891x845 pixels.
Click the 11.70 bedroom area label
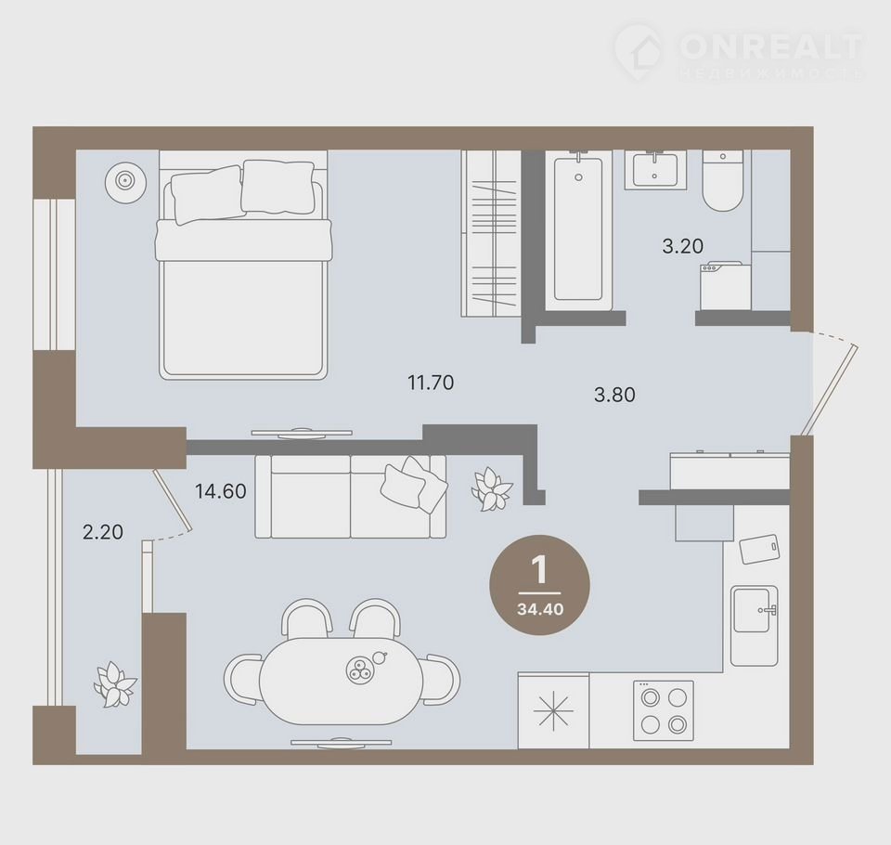(x=431, y=383)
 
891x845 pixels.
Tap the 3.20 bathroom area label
(x=682, y=246)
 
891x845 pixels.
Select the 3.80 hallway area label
(x=614, y=395)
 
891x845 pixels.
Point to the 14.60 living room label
(x=221, y=490)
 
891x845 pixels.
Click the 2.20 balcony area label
(x=103, y=532)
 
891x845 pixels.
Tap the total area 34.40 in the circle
(x=540, y=609)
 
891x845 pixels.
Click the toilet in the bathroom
(x=723, y=181)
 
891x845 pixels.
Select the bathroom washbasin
(x=656, y=169)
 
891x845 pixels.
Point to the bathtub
(x=578, y=229)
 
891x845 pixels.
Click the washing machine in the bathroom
(x=726, y=285)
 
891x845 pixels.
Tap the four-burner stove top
(x=663, y=710)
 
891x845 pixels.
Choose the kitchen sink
(x=754, y=626)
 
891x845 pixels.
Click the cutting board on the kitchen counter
(x=760, y=548)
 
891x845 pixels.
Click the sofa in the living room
(x=351, y=497)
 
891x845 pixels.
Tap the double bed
(x=243, y=269)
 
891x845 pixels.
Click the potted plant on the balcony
(x=115, y=683)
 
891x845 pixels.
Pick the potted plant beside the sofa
(x=492, y=489)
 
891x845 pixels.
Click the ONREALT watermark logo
(x=739, y=50)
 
